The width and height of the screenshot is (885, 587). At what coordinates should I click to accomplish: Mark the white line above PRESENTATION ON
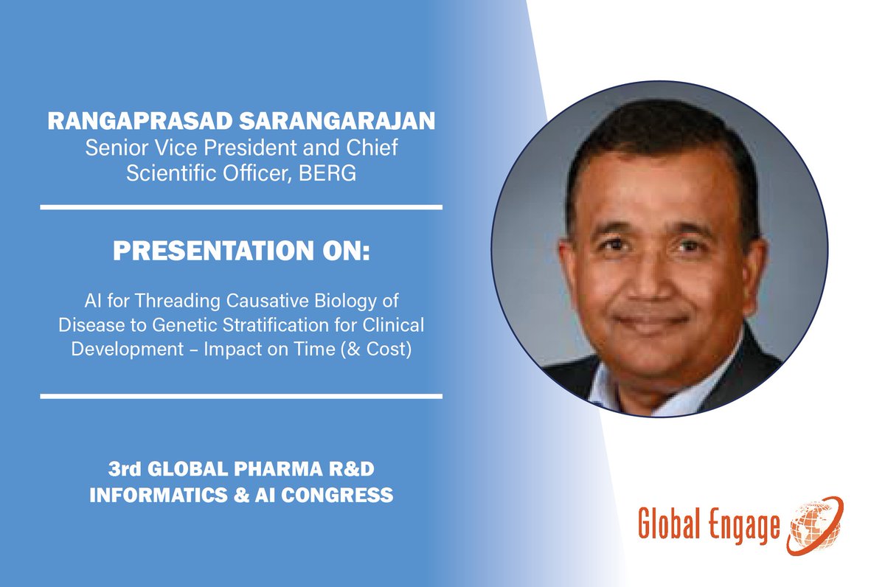(x=241, y=207)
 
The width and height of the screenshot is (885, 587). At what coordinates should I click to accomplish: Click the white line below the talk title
(x=241, y=397)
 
